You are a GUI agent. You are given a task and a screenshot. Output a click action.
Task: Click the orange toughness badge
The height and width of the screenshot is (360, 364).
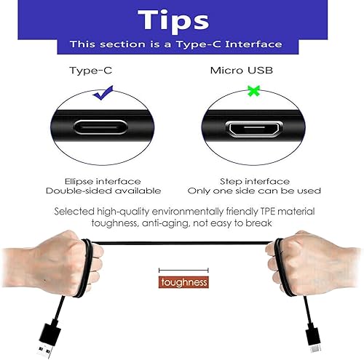click(184, 282)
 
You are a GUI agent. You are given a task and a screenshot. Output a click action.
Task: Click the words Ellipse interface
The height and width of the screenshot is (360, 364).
click(103, 181)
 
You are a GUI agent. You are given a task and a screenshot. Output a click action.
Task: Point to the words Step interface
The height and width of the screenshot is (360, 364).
click(254, 181)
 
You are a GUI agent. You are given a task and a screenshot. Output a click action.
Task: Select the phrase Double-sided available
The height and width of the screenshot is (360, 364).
click(103, 191)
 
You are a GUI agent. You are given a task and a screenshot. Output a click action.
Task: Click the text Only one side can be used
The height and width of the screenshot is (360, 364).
click(254, 191)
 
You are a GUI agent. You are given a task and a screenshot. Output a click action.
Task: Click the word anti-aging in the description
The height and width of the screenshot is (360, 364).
click(146, 223)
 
